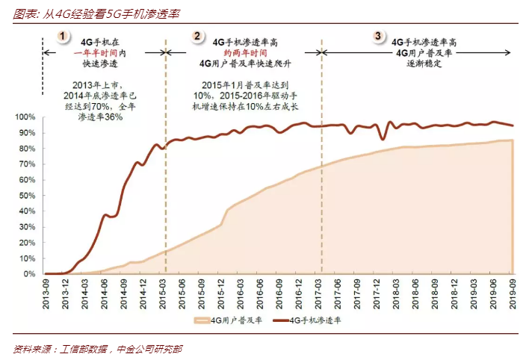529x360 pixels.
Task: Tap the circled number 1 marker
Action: (65, 36)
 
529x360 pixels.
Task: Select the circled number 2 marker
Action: (197, 36)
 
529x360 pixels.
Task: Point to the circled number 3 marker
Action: (378, 36)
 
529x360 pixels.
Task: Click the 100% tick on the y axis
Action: (27, 117)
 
